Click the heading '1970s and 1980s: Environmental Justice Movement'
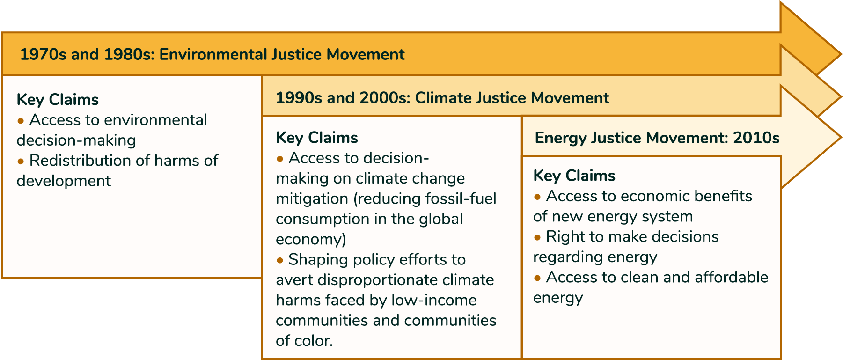tap(212, 54)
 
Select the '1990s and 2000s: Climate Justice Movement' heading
tap(442, 98)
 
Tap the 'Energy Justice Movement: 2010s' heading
tap(657, 138)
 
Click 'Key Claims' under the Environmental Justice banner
tap(58, 100)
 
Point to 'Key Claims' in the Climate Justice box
tap(317, 138)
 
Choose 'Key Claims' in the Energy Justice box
tap(574, 176)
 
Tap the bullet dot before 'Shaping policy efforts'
tap(280, 260)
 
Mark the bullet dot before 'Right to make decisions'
tap(537, 237)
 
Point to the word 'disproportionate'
tap(376, 280)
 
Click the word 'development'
tap(64, 181)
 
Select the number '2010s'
tap(756, 138)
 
